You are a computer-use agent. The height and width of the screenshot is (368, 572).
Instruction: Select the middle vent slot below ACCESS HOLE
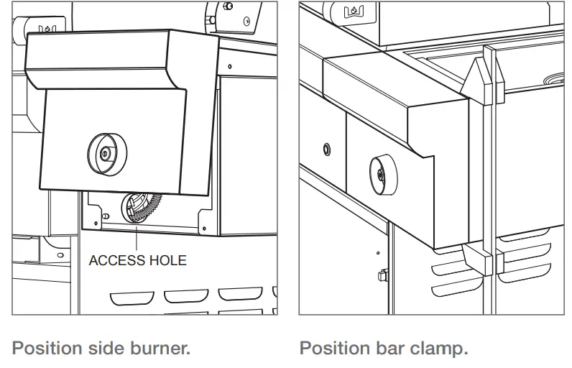[183, 295]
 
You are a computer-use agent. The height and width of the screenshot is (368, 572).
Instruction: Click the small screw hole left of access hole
[106, 216]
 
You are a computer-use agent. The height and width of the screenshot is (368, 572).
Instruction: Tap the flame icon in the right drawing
[354, 11]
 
